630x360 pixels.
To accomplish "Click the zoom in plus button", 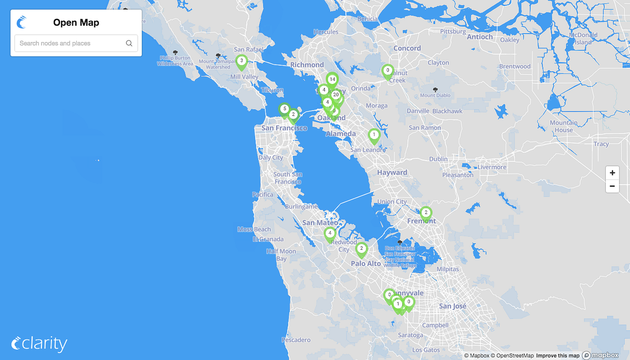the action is click(612, 173).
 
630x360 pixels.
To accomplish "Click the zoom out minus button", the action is click(612, 186).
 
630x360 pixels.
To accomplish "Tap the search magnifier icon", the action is click(129, 44).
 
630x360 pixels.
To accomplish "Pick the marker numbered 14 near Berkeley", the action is click(332, 80).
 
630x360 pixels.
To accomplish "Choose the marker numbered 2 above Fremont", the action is click(426, 213).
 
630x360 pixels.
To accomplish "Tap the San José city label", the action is click(453, 306).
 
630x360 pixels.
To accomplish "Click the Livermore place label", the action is click(492, 167).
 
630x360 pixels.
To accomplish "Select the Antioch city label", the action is click(480, 37).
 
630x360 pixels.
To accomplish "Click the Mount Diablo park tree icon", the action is click(435, 89).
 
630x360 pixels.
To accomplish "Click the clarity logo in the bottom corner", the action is click(39, 344).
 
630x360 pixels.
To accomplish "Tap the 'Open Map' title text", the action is click(76, 23).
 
